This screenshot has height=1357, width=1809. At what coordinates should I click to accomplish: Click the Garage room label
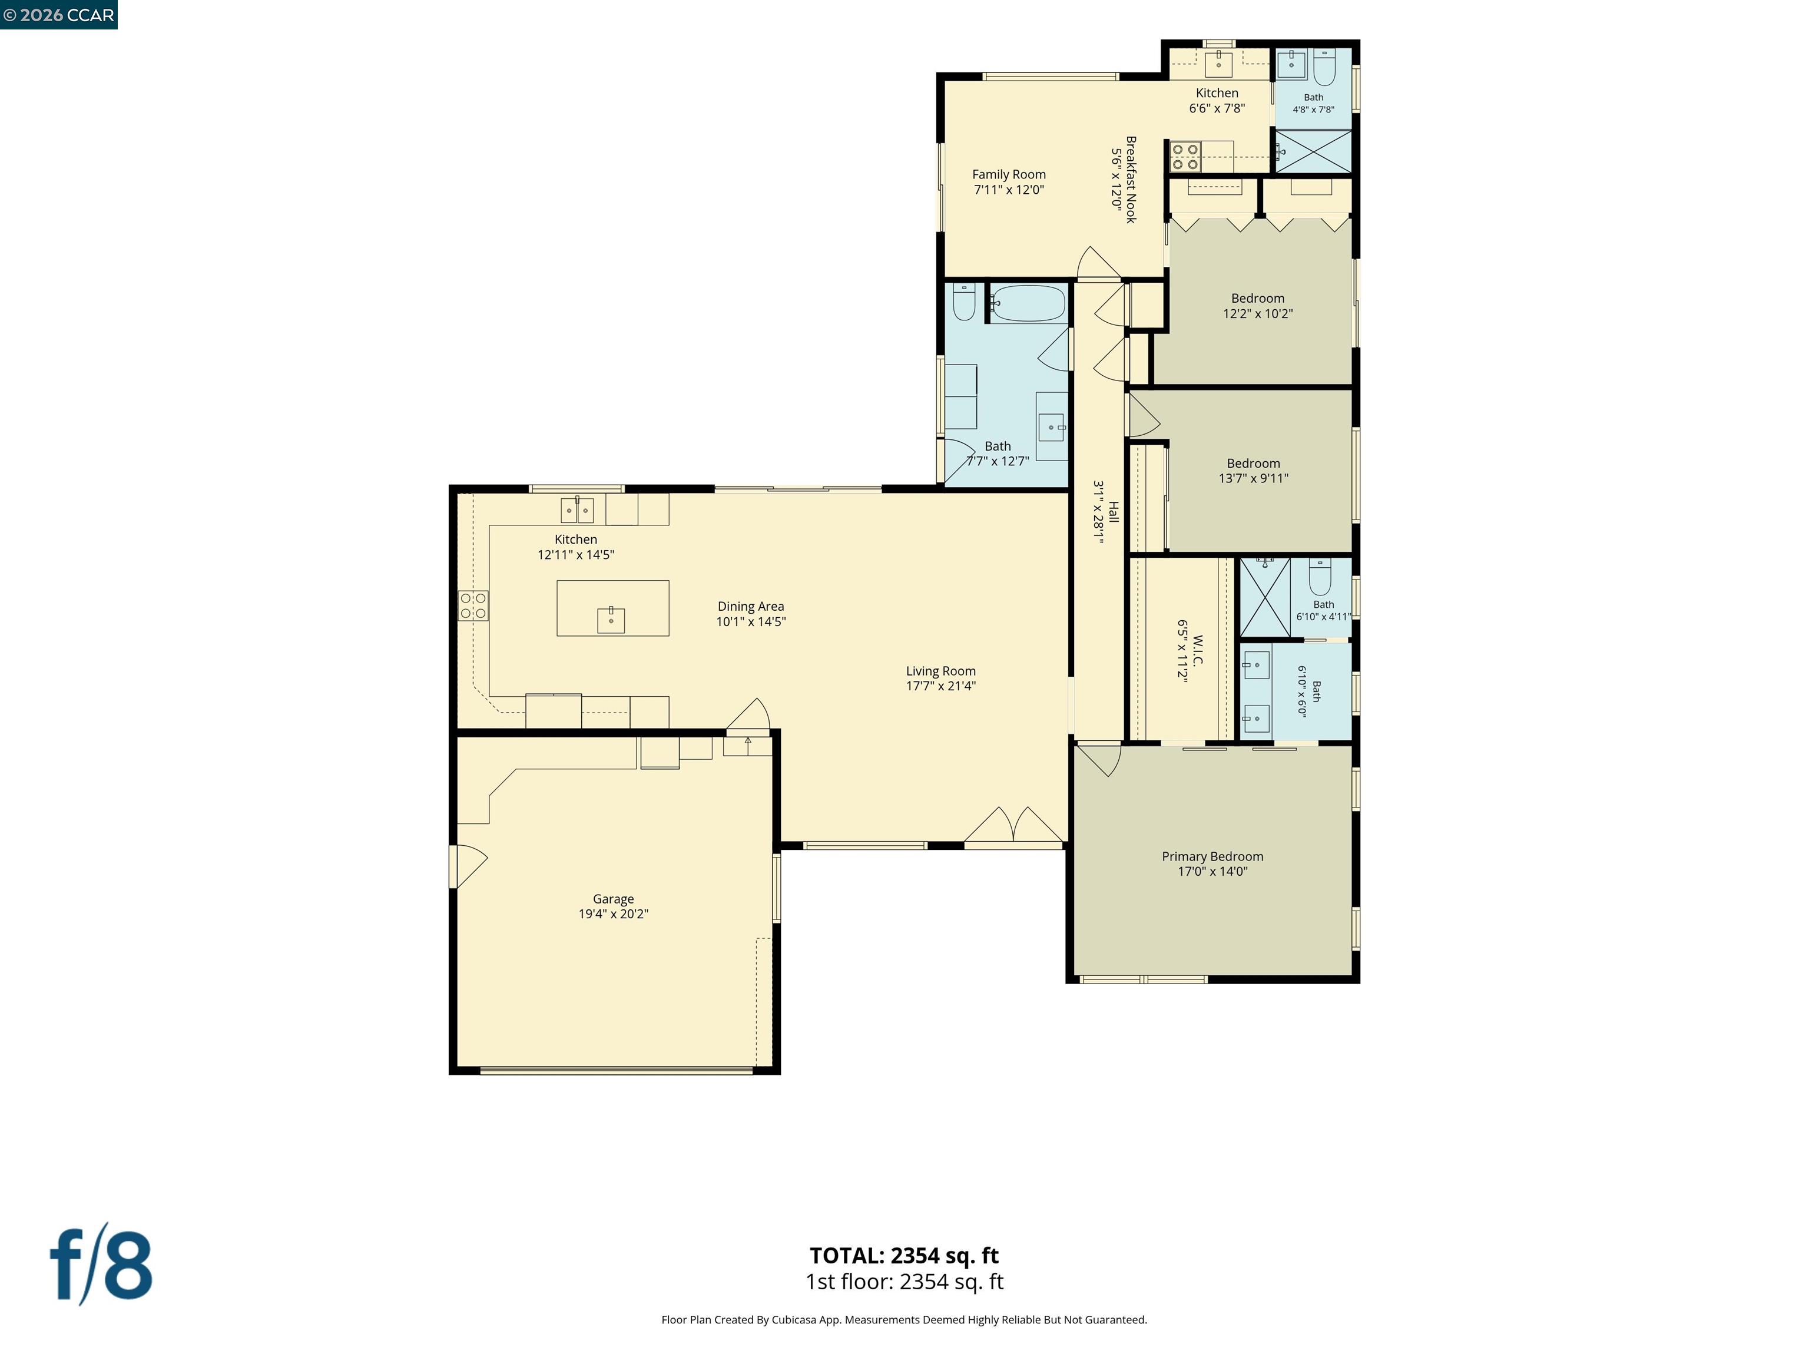coord(614,899)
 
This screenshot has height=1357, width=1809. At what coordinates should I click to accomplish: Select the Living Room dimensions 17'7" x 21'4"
coord(940,686)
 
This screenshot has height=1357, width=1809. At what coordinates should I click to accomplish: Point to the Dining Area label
coord(751,606)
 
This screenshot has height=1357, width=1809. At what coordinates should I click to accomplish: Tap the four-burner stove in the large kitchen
coord(473,605)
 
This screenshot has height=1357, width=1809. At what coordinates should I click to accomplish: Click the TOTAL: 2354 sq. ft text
coord(904,1256)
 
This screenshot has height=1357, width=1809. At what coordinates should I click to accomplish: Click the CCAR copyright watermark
coord(58,15)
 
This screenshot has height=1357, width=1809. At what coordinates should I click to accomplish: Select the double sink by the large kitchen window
coord(577,509)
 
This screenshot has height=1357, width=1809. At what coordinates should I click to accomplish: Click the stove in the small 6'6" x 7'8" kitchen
coord(1184,156)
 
